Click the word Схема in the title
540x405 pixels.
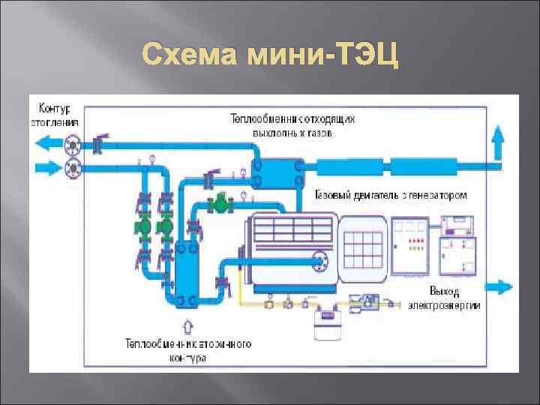pos(184,55)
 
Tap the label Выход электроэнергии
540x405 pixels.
pos(445,298)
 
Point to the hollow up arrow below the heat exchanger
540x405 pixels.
pos(187,327)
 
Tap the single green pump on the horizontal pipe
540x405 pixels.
pos(220,202)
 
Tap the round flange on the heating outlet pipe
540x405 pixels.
pos(73,142)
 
